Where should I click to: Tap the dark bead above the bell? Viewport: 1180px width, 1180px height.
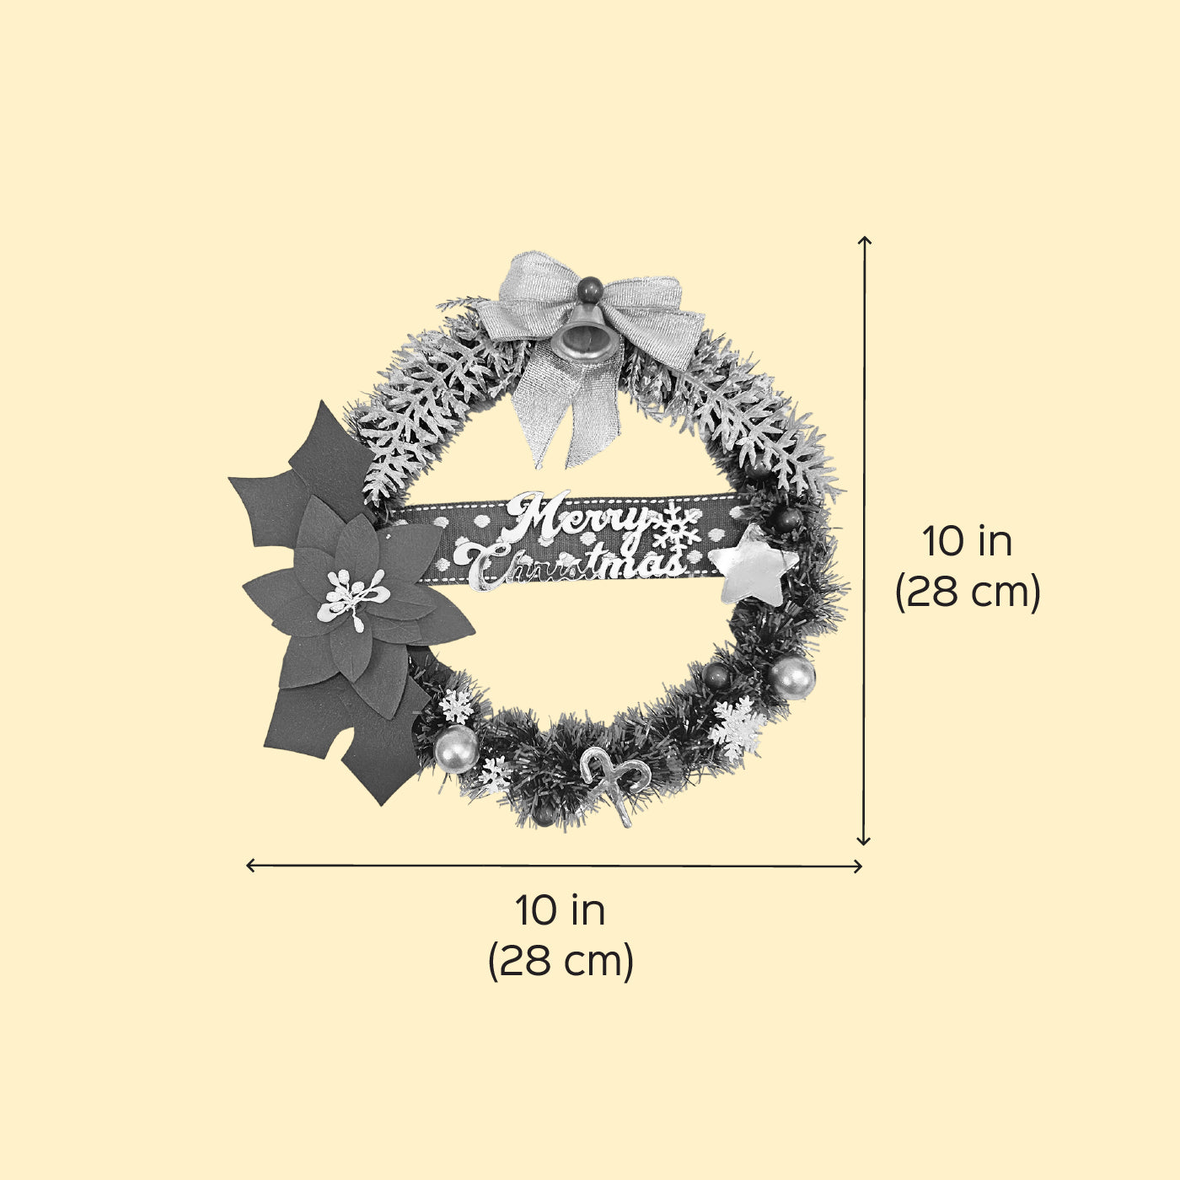click(590, 288)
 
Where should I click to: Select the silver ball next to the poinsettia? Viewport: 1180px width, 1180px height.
click(456, 749)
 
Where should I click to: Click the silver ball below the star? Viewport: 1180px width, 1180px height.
click(792, 678)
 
